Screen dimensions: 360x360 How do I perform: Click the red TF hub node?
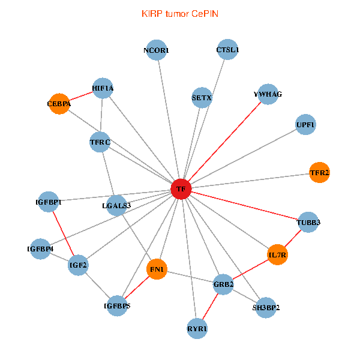pyautogui.click(x=181, y=189)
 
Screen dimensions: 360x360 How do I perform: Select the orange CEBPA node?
pyautogui.click(x=59, y=104)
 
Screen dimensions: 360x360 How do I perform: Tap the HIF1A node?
pyautogui.click(x=103, y=88)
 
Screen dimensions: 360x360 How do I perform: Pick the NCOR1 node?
pyautogui.click(x=156, y=50)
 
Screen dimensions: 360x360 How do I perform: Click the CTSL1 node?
pyautogui.click(x=227, y=50)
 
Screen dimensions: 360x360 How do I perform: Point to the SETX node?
pyautogui.click(x=202, y=97)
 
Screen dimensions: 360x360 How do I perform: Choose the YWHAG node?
pyautogui.click(x=268, y=94)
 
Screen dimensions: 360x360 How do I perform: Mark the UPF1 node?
pyautogui.click(x=305, y=125)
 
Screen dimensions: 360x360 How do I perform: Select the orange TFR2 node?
pyautogui.click(x=319, y=173)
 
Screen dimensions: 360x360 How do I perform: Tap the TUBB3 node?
pyautogui.click(x=308, y=223)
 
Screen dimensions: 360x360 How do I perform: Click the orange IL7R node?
pyautogui.click(x=278, y=255)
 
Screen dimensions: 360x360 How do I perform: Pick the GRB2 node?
pyautogui.click(x=223, y=284)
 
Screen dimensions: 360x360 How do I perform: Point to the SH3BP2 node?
pyautogui.click(x=266, y=308)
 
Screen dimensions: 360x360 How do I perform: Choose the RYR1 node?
pyautogui.click(x=197, y=328)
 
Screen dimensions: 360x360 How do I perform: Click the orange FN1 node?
pyautogui.click(x=157, y=268)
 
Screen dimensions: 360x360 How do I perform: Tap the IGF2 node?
pyautogui.click(x=78, y=265)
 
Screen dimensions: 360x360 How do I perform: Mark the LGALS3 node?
pyautogui.click(x=116, y=206)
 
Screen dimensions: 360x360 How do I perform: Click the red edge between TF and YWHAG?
pyautogui.click(x=224, y=142)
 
